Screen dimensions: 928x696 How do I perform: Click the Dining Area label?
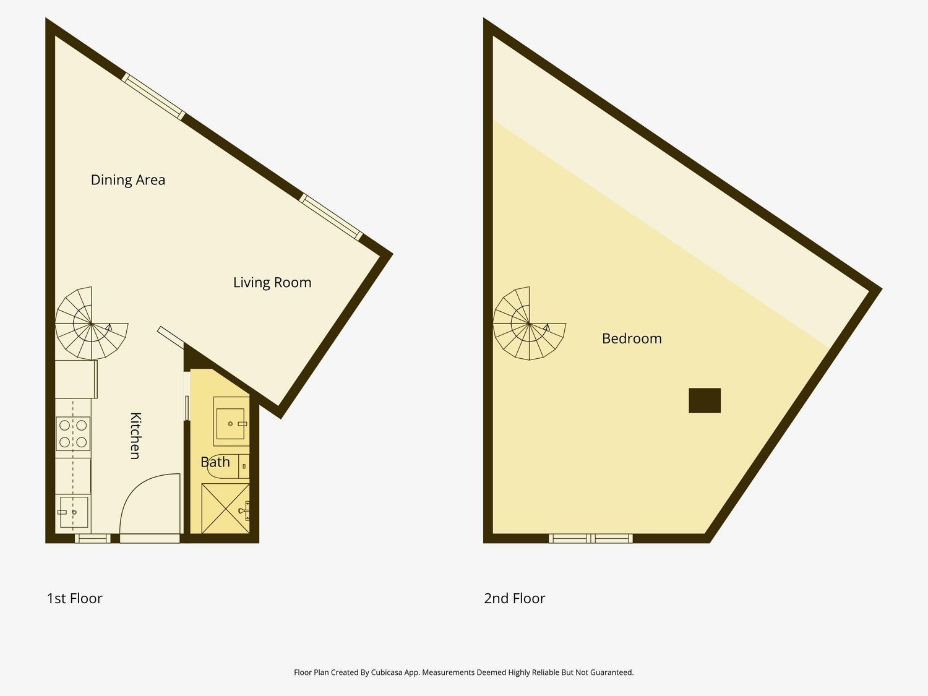[x=127, y=180]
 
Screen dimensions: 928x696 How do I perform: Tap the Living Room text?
[x=272, y=282]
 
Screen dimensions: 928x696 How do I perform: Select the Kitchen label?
[x=135, y=436]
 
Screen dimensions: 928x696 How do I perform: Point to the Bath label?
[x=215, y=462]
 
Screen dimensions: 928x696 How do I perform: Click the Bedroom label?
[x=632, y=338]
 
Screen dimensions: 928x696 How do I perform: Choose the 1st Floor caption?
[x=74, y=598]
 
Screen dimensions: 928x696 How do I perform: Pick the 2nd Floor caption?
[x=515, y=598]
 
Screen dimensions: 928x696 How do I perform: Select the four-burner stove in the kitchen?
[x=73, y=434]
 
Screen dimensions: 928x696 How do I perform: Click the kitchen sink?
[x=74, y=512]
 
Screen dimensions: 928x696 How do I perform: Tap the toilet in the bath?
[x=228, y=466]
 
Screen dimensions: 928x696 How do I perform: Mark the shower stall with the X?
[x=225, y=509]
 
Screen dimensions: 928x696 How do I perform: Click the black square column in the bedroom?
[x=705, y=400]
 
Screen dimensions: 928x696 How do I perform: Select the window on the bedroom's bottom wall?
[x=591, y=538]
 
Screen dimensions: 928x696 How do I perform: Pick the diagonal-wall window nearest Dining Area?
[x=153, y=97]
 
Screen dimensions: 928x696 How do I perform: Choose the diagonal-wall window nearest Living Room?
[x=331, y=217]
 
